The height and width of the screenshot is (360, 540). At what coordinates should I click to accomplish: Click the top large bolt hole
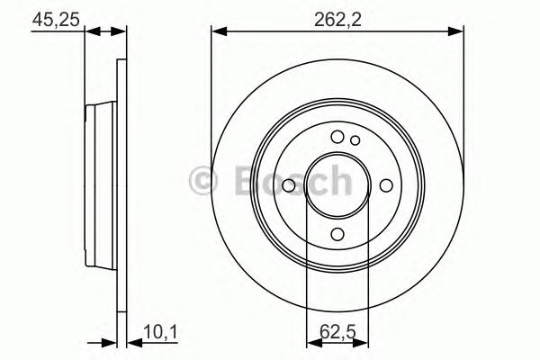(337, 137)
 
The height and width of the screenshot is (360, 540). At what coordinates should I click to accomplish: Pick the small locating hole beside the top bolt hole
(355, 139)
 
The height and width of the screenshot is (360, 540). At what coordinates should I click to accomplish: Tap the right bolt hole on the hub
(386, 185)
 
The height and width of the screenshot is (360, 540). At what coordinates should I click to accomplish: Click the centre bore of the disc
(337, 185)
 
